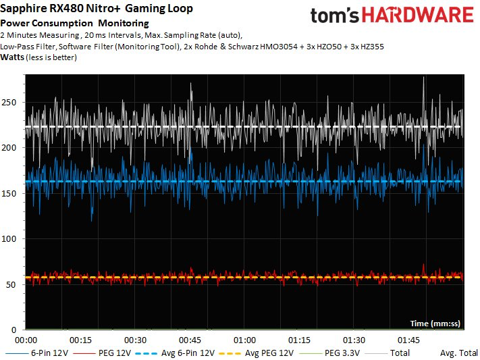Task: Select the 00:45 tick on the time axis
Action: (190, 340)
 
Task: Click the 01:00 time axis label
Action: (245, 340)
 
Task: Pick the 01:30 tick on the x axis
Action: (354, 340)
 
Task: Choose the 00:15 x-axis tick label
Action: (81, 340)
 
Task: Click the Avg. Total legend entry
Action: (458, 353)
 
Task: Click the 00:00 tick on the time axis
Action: (26, 340)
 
